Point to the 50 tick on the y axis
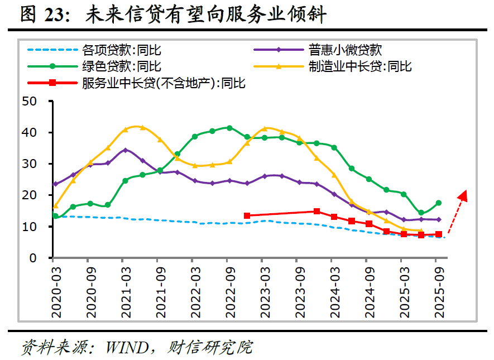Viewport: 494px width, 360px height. click(29, 101)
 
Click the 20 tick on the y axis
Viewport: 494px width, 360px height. click(29, 195)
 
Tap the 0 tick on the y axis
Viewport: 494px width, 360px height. click(33, 258)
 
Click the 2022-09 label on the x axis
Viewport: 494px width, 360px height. click(231, 292)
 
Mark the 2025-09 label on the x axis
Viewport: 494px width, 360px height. click(439, 292)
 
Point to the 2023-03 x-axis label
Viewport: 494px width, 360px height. click(265, 292)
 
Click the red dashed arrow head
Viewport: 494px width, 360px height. click(463, 195)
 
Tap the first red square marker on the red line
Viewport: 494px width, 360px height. click(247, 216)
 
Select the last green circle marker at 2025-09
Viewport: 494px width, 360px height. click(439, 203)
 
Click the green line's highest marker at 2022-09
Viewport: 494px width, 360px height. click(229, 128)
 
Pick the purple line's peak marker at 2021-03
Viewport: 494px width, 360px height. click(126, 150)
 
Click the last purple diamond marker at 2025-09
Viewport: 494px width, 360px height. click(439, 219)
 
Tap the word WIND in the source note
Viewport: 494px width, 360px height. click(127, 348)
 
